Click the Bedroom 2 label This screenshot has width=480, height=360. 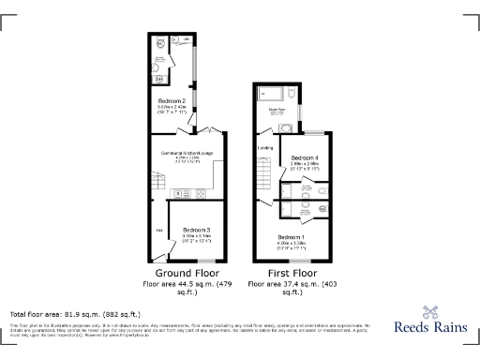[x=171, y=100]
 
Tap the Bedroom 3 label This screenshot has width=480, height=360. [x=196, y=230]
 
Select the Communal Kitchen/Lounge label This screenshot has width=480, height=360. [x=187, y=153]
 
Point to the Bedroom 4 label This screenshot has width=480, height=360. [x=305, y=157]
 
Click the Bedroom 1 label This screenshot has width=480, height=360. [x=291, y=236]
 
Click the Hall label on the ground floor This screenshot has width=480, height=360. [x=159, y=230]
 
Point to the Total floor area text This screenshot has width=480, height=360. [x=75, y=313]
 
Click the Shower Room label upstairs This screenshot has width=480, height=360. [x=277, y=110]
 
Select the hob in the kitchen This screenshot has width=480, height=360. [x=199, y=193]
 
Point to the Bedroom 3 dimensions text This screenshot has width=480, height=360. [x=196, y=238]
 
